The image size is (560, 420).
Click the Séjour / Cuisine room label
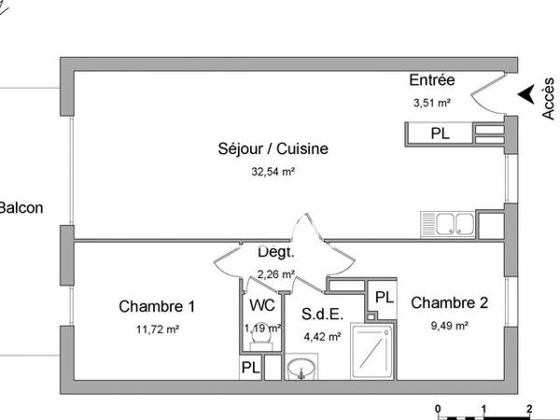pos(273,148)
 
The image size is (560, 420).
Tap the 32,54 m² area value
pos(273,172)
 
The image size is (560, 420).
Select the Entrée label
pos(431,82)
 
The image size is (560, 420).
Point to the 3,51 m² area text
pos(431,104)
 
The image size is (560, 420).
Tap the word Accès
pos(548,97)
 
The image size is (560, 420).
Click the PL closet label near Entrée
pos(440,134)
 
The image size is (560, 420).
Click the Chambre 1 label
pos(157,306)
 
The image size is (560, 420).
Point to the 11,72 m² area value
pos(157,329)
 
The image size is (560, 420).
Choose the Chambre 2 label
pos(449,302)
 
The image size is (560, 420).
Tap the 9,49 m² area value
pos(449,326)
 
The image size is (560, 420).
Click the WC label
pos(261,305)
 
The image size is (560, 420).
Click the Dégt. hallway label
pos(275,252)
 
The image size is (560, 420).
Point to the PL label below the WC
pos(250,369)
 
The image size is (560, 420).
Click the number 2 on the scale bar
pos(529,409)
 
